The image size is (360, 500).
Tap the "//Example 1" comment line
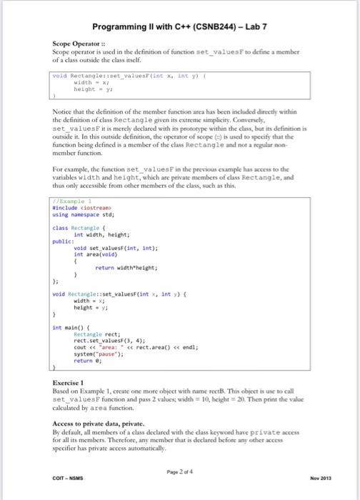[x=69, y=202]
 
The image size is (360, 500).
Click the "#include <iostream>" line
[x=79, y=208]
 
